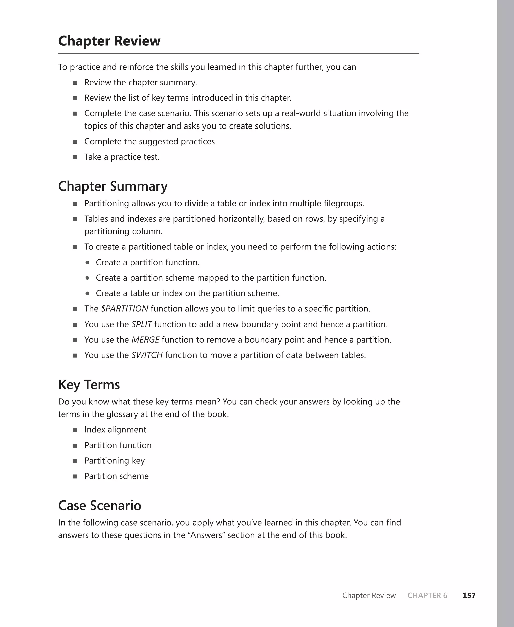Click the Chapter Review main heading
pyautogui.click(x=109, y=41)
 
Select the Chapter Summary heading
pyautogui.click(x=113, y=186)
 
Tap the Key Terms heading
pyautogui.click(x=89, y=385)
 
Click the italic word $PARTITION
pyautogui.click(x=124, y=309)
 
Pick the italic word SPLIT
pyautogui.click(x=142, y=324)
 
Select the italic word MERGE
pyautogui.click(x=145, y=340)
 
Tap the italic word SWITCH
pyautogui.click(x=147, y=355)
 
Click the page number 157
pyautogui.click(x=469, y=595)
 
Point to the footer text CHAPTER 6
pyautogui.click(x=427, y=595)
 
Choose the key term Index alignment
pyautogui.click(x=115, y=429)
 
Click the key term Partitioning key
pyautogui.click(x=114, y=461)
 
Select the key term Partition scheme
pyautogui.click(x=116, y=476)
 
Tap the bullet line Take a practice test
pyautogui.click(x=122, y=157)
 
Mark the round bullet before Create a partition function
pyautogui.click(x=87, y=262)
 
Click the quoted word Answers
pyautogui.click(x=206, y=535)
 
